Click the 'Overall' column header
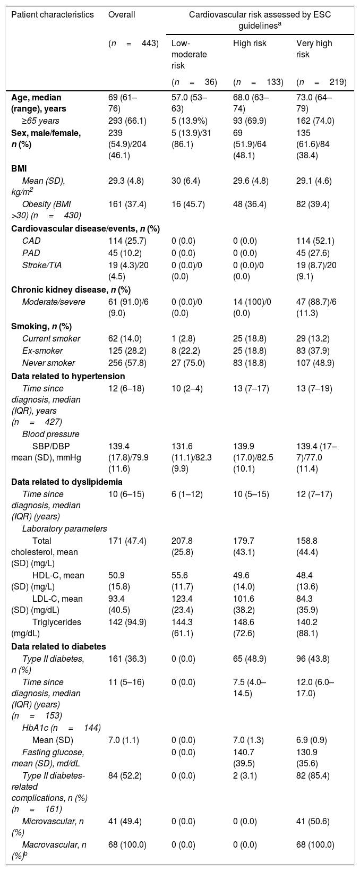click(122, 15)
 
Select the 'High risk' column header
click(250, 43)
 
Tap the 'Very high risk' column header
click(314, 49)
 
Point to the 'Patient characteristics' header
click(53, 15)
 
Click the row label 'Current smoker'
click(51, 338)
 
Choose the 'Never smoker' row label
click(49, 363)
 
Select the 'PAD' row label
click(31, 253)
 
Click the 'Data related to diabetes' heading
click(59, 646)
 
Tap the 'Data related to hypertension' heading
click(68, 376)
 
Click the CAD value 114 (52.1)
click(315, 241)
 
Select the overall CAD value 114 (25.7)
click(127, 241)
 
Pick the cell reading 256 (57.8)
click(127, 363)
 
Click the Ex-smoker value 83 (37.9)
click(313, 351)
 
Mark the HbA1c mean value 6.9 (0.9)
click(311, 740)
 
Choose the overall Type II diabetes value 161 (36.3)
click(127, 659)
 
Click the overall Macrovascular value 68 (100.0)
click(127, 844)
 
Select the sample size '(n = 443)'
click(133, 43)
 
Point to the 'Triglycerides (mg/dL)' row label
click(46, 628)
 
